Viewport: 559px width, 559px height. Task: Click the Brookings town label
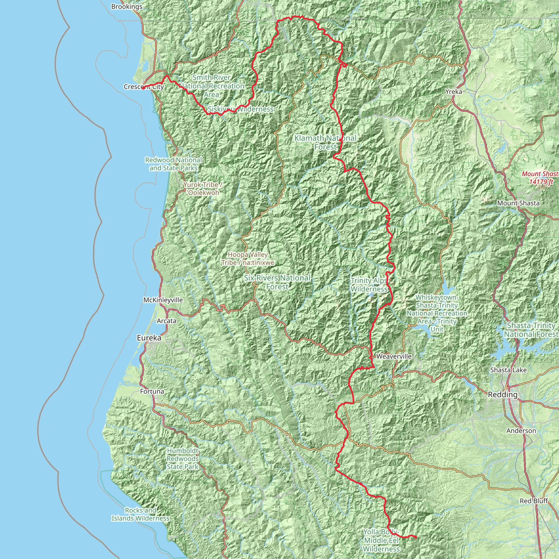(x=126, y=7)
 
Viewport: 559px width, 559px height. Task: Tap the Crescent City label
(x=144, y=87)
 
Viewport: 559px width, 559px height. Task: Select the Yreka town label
(x=454, y=92)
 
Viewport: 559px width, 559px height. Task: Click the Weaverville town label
(x=394, y=356)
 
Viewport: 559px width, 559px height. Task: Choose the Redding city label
(x=502, y=395)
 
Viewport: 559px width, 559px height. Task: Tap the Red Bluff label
(x=534, y=501)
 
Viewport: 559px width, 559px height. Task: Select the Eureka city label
(x=149, y=338)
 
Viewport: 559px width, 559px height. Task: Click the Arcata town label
(x=166, y=321)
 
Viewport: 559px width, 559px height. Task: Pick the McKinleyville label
(x=163, y=300)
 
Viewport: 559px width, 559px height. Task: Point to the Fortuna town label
(x=152, y=391)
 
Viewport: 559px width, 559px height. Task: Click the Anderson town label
(x=521, y=431)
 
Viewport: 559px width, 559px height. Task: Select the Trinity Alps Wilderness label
(x=369, y=285)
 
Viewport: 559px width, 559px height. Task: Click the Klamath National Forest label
(x=326, y=143)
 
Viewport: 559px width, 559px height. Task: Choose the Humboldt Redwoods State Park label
(x=183, y=459)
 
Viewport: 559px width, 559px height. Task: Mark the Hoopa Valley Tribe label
(x=248, y=259)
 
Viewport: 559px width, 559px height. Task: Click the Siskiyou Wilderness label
(x=241, y=109)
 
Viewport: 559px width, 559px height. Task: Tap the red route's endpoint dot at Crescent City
(x=143, y=88)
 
